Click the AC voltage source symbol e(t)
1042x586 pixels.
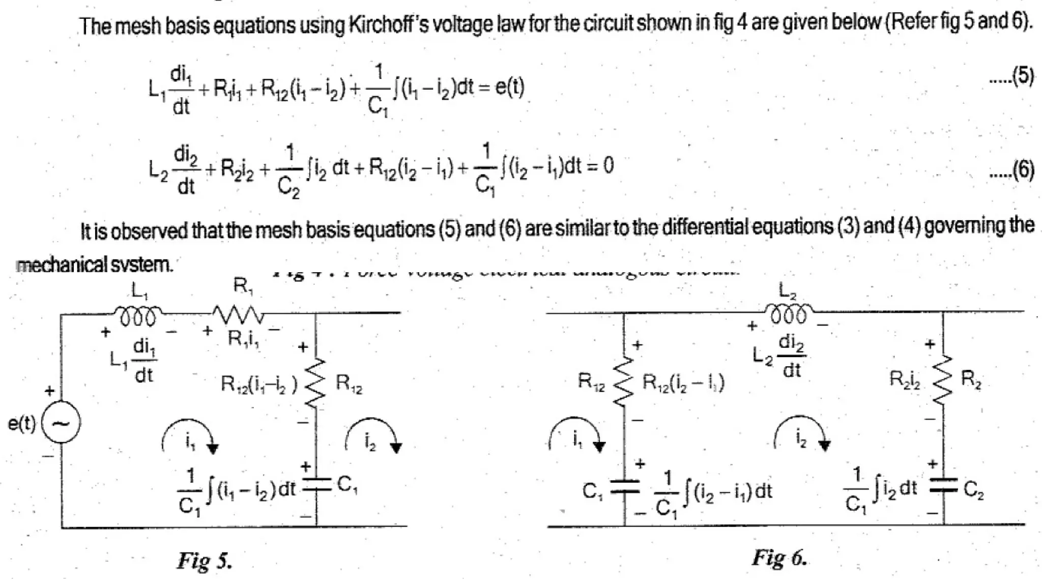point(61,423)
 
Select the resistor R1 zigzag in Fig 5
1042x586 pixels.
point(238,314)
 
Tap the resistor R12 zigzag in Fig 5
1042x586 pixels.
point(316,383)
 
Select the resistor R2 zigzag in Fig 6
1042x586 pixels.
point(943,380)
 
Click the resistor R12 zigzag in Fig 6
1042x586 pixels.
point(624,382)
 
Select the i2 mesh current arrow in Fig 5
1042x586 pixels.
point(373,435)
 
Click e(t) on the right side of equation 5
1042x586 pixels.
point(509,87)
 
